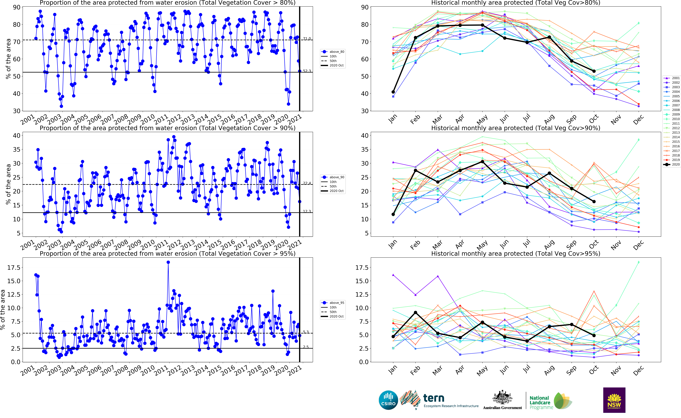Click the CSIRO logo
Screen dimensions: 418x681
pos(388,400)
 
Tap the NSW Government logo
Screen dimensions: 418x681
pos(614,400)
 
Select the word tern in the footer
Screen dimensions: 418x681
pos(434,398)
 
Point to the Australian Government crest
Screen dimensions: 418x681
pos(502,398)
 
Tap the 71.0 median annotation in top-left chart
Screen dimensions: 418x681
pos(307,39)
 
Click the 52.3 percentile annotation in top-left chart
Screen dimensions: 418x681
pos(307,71)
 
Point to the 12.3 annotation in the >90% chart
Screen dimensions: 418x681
pos(307,211)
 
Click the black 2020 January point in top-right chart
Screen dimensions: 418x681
pos(393,92)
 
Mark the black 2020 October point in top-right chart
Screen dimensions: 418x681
pos(594,71)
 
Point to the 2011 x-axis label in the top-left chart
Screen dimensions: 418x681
pos(161,119)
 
